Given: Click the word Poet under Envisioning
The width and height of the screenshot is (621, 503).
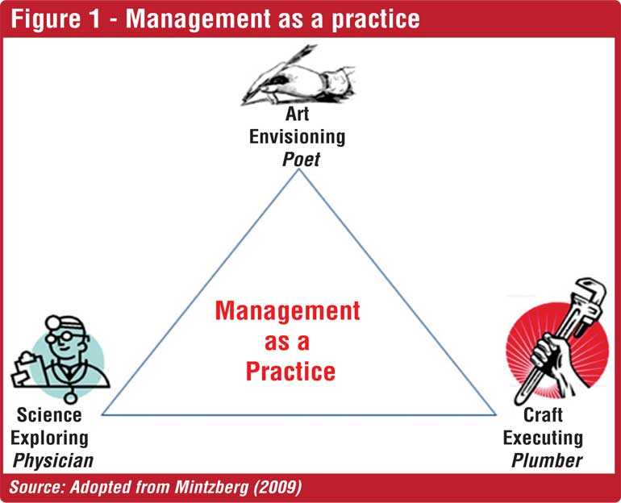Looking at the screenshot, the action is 301,160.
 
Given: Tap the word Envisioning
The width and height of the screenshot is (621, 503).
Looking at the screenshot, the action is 297,137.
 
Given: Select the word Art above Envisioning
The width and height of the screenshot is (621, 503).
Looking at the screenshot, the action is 297,114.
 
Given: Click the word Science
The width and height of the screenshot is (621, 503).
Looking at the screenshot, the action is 49,415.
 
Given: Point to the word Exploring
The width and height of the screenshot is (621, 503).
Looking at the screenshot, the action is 49,439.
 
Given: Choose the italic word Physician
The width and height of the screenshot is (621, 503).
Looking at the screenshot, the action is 53,461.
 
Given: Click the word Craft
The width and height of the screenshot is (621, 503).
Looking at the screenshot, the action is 543,415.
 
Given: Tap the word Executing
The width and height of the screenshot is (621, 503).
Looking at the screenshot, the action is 543,438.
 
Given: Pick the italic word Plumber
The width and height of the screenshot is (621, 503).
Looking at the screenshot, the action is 547,460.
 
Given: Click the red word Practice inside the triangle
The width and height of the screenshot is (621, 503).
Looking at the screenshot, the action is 290,372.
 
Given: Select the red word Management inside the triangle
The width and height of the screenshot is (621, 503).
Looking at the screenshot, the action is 288,310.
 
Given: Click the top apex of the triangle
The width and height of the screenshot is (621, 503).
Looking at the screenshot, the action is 300,169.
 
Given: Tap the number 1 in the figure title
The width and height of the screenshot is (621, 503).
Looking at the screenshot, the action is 94,19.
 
